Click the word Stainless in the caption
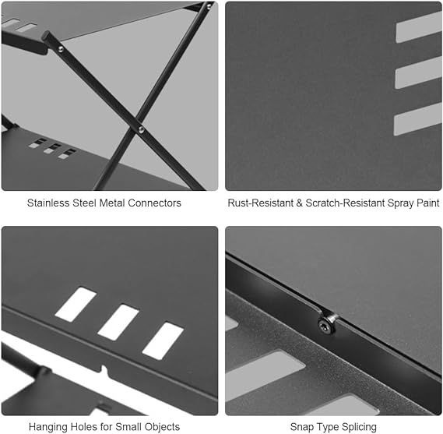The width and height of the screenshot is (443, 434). pos(48,203)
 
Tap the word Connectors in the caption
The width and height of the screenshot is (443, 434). pos(154,203)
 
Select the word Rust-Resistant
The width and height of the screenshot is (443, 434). pos(261,203)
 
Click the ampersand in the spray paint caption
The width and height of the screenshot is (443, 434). pos(299,203)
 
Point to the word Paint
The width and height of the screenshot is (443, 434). pos(427,203)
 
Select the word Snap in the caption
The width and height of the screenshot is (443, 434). pos(301,427)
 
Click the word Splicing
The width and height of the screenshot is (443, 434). pos(359,427)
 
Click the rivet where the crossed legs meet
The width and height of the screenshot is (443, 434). pos(141,130)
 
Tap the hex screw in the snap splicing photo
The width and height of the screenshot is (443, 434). pos(325,324)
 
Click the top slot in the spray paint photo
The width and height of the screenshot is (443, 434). pos(419,27)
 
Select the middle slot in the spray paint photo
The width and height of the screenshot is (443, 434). pos(418,73)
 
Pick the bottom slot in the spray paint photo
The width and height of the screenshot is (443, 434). pos(418,119)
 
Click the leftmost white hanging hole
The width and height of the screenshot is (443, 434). pos(76,305)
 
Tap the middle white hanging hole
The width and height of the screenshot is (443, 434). pos(118,323)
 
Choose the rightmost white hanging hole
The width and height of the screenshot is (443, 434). pos(163,341)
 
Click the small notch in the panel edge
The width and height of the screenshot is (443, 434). pos(104,370)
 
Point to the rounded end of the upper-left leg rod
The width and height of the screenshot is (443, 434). pos(46,35)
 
